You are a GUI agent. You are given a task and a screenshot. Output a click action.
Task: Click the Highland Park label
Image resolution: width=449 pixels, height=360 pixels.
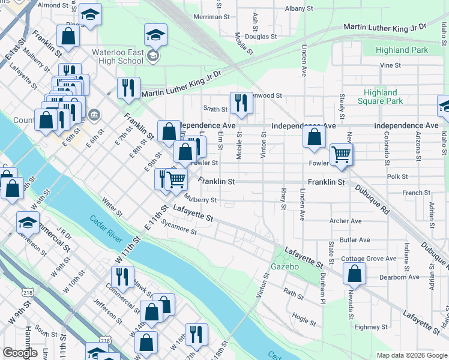tap(402, 50)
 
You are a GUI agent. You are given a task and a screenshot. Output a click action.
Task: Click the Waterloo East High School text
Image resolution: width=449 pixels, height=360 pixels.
tap(117, 56)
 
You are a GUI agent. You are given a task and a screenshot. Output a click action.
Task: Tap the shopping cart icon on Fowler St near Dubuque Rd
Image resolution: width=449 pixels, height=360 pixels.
tap(341, 154)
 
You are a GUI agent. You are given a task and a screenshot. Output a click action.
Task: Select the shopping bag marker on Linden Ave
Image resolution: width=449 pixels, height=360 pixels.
tap(315, 136)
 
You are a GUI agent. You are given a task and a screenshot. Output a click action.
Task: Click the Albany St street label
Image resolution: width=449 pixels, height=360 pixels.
tap(299, 9)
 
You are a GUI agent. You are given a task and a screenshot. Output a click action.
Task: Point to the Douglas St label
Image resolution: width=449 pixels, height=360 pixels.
tap(260, 37)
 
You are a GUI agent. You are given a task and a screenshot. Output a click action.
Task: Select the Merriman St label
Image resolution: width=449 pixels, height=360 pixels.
tap(209, 17)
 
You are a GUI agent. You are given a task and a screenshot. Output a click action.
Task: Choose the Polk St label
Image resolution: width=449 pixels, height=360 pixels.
tap(397, 177)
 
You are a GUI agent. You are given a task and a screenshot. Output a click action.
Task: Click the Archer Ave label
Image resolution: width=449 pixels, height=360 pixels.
tap(346, 221)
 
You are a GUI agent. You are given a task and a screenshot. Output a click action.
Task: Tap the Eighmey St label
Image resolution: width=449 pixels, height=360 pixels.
tap(372, 327)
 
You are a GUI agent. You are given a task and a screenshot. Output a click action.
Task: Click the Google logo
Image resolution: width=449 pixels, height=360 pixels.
tap(20, 353)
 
